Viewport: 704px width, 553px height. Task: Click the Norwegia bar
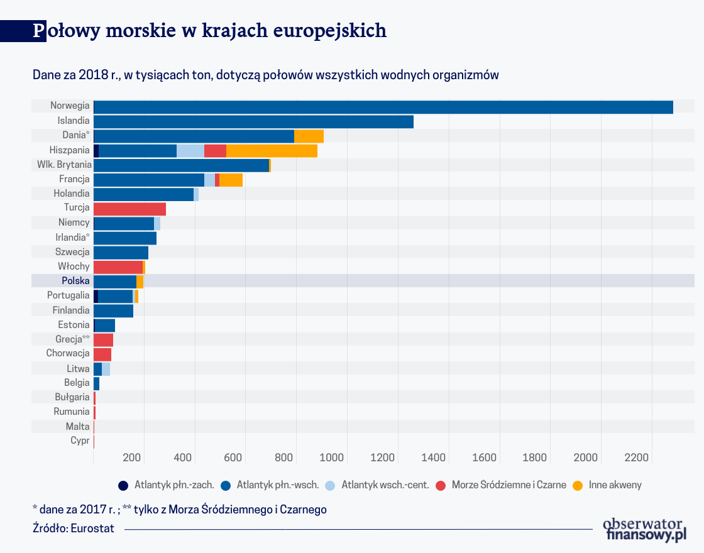coord(383,107)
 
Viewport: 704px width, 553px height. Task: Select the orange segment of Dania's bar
coord(309,136)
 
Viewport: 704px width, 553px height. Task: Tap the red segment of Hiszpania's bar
coord(215,151)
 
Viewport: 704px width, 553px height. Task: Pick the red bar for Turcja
coord(129,209)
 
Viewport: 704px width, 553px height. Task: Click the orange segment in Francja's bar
coord(231,180)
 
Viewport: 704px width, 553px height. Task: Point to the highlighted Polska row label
coord(75,281)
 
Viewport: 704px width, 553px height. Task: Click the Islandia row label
coord(74,121)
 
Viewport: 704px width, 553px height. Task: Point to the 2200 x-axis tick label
coord(636,457)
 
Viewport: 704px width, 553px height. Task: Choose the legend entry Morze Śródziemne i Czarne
coord(509,485)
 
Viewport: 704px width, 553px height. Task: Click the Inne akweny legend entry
coord(615,485)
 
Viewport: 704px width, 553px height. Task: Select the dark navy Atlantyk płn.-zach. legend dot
coord(123,485)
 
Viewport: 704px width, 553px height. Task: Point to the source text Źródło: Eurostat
coord(74,528)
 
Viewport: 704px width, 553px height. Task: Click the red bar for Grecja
coord(103,339)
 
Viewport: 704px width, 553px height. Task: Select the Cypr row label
coord(80,441)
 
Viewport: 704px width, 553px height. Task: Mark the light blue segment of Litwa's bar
coord(106,369)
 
